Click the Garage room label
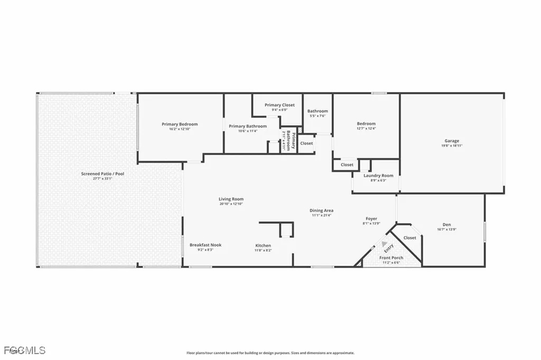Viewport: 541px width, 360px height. [452, 141]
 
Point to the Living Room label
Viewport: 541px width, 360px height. [231, 199]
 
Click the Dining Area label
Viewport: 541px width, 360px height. [321, 210]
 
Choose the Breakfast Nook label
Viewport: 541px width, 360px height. [206, 245]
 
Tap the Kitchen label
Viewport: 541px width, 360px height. [263, 246]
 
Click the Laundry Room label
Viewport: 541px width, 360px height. [378, 176]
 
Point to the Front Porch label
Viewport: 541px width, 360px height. [391, 258]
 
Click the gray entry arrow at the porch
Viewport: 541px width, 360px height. [384, 243]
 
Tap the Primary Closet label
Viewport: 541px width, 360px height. [279, 105]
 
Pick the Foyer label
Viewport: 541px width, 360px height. [371, 218]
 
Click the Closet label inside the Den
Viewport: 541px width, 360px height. [409, 238]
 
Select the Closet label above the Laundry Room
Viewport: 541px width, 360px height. [347, 165]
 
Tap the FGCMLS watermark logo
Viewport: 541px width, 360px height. [23, 350]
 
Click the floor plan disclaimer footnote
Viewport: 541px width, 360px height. [270, 353]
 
